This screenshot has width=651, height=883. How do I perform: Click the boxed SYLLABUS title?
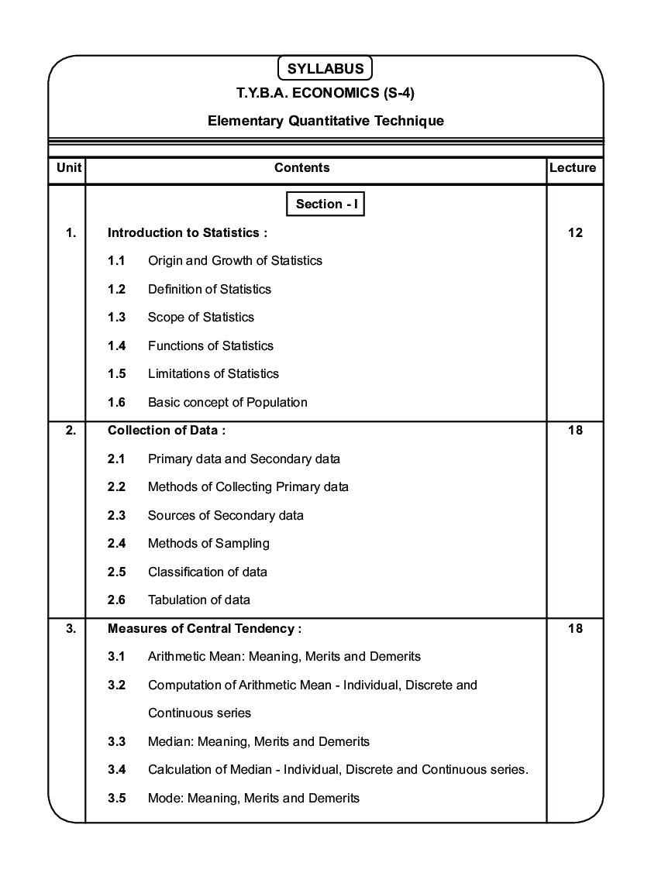click(x=325, y=68)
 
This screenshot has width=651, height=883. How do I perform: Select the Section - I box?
click(x=325, y=204)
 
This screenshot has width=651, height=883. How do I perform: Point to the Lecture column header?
click(x=573, y=167)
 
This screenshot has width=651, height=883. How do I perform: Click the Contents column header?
click(x=302, y=167)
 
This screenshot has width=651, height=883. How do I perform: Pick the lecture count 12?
click(x=575, y=232)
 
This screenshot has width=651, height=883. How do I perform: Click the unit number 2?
click(x=71, y=430)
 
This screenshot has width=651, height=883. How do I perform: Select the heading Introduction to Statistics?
click(x=188, y=232)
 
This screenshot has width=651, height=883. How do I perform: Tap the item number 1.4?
click(x=117, y=345)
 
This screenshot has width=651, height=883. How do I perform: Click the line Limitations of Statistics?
click(x=213, y=373)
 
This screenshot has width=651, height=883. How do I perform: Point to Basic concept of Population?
click(x=228, y=402)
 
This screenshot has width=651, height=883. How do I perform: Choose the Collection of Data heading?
click(x=167, y=430)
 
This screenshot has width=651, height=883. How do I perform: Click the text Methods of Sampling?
click(x=208, y=543)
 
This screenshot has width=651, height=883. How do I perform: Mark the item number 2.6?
click(x=117, y=600)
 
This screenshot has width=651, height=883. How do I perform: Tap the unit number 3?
click(x=71, y=628)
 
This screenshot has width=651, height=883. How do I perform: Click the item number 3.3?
click(x=117, y=741)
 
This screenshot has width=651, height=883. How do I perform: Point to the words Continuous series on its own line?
click(x=199, y=713)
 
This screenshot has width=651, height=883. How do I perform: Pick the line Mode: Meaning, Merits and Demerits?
click(x=253, y=798)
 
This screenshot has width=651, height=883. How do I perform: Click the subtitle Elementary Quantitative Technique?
click(x=325, y=121)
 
